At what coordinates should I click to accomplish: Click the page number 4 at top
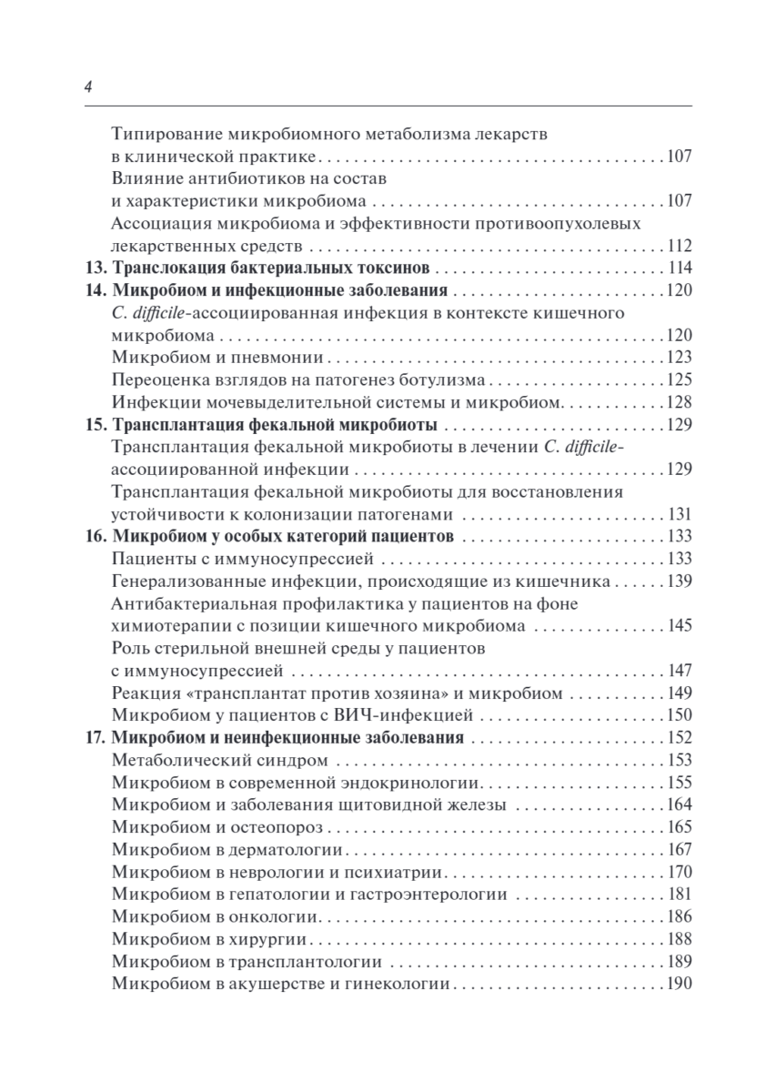coord(86,87)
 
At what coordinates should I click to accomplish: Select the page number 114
coord(680,268)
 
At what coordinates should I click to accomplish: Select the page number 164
coord(680,804)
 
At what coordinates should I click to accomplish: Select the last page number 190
coord(680,984)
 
